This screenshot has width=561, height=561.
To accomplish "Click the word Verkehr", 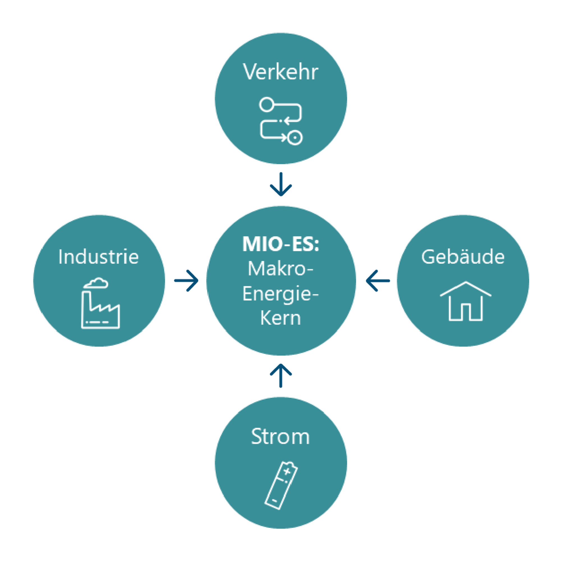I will [280, 72].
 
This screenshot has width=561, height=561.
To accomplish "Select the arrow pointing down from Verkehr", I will [281, 185].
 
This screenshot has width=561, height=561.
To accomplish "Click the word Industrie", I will [98, 257].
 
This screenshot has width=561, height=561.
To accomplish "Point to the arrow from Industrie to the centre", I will [187, 280].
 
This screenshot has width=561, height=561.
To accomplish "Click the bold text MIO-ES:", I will [280, 244].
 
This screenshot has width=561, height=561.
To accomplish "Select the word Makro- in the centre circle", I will [280, 269].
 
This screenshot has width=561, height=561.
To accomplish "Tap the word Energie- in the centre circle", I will [280, 294].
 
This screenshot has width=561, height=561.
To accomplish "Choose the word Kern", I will [280, 318].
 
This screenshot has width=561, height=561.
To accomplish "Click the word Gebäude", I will [463, 257].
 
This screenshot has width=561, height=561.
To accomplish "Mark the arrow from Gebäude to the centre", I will [378, 280].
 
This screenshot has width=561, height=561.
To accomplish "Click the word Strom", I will [280, 436].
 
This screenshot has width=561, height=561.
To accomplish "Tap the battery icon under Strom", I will [281, 485].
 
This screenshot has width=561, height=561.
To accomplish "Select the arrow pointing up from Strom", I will [281, 376].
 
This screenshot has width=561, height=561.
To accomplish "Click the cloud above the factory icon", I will [96, 283].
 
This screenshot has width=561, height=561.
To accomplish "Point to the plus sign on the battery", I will [287, 471].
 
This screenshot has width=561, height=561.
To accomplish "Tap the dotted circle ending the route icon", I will [295, 138].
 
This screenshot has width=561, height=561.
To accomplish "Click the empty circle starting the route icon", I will [266, 104].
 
